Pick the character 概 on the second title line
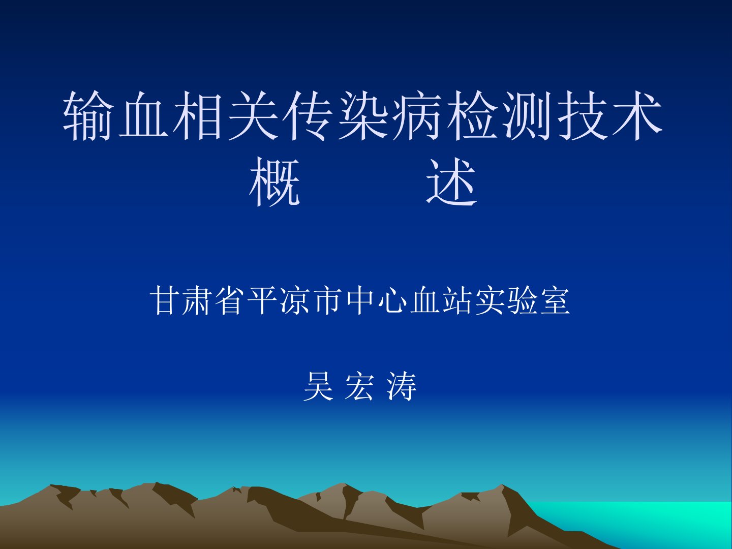[x=274, y=182]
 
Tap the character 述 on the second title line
[x=451, y=182]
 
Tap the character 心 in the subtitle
[x=392, y=300]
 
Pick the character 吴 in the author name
[x=319, y=387]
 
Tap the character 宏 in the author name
[x=359, y=387]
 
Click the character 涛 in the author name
[x=402, y=387]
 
